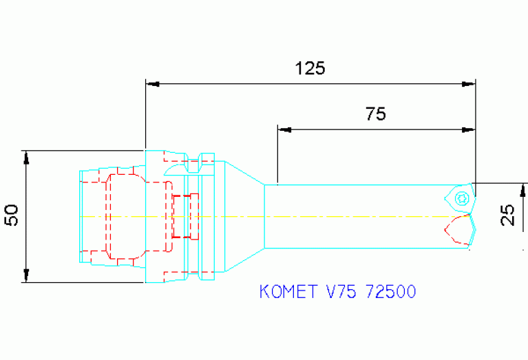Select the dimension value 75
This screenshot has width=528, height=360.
(375, 114)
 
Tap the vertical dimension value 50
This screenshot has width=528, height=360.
(12, 215)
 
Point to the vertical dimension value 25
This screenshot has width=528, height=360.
(508, 216)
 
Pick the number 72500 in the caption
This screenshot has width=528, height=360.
(391, 292)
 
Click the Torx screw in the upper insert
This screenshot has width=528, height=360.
(461, 199)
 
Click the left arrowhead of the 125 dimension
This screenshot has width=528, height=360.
(151, 84)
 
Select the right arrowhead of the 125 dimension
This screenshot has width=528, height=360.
(469, 84)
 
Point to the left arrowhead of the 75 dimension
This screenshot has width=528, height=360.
(283, 129)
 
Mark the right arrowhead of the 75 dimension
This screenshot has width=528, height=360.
(469, 129)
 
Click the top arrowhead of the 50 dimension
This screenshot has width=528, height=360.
(26, 157)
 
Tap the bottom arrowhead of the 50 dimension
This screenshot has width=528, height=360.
(26, 275)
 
